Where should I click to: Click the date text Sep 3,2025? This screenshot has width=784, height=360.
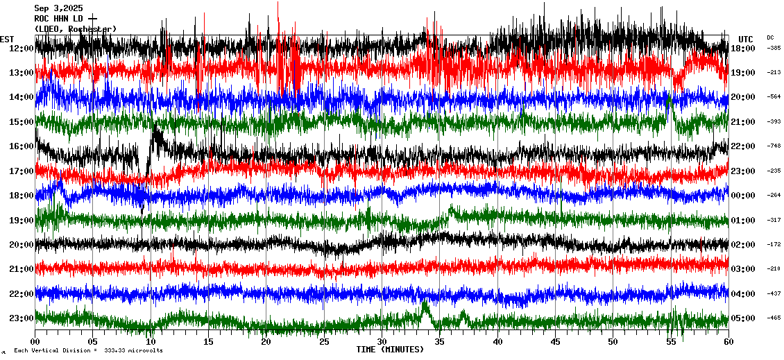pos(58,8)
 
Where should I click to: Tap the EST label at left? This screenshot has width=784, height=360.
pos(7,39)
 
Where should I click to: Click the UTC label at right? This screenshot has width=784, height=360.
pos(745,39)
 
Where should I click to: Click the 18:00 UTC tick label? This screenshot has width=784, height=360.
pos(742,49)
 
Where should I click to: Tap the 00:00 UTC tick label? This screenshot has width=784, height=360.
pos(742,196)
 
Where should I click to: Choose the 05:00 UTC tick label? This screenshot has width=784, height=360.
pos(742,318)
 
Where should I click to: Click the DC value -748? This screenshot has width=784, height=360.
pos(774,146)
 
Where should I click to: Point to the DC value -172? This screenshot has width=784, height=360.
pos(774,245)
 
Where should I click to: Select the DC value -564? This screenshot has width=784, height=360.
pos(774,97)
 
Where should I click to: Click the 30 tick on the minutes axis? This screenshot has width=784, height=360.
pos(382,342)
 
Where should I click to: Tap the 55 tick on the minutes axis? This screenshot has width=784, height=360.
pos(671,342)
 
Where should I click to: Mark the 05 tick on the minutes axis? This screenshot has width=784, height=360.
pos(92,342)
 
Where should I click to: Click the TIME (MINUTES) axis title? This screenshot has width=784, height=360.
pos(390,350)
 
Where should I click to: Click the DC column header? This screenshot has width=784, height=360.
pos(770,37)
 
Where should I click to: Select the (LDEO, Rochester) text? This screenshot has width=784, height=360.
pos(76,28)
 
